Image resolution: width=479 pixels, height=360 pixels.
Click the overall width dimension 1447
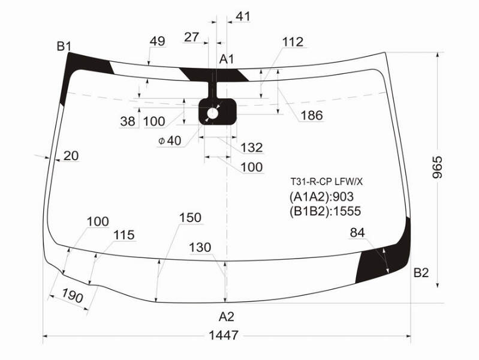(x=223, y=335)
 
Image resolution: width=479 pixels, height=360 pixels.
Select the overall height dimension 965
(x=438, y=167)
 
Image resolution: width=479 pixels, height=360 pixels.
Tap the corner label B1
(x=64, y=46)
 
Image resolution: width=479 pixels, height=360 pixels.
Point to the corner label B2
(x=421, y=272)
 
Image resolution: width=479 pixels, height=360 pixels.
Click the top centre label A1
(x=227, y=59)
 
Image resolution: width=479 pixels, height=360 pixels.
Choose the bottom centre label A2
(x=227, y=317)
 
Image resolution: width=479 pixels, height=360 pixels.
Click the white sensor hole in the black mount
(x=213, y=114)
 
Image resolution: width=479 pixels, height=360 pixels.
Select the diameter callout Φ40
(x=170, y=140)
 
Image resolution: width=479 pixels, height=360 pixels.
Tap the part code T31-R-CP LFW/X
(x=326, y=182)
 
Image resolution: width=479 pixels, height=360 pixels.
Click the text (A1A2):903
(x=321, y=197)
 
